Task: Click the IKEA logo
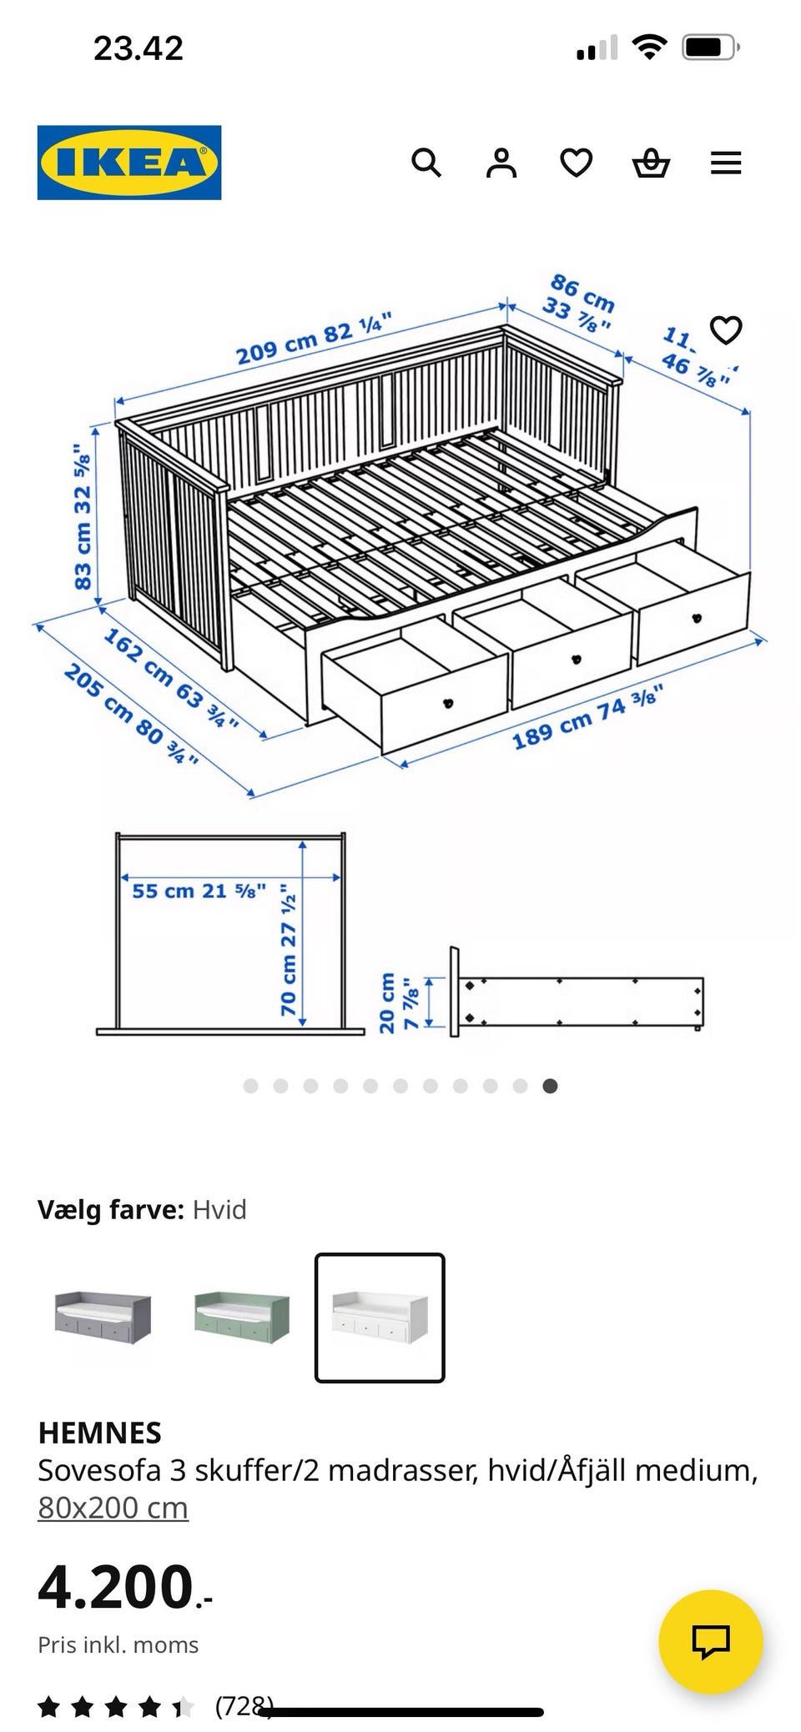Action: [129, 163]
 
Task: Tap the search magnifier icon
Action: [426, 163]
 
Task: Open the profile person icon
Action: [501, 163]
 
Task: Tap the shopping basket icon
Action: [651, 163]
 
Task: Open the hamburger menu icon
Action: [726, 163]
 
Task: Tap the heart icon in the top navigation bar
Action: [577, 163]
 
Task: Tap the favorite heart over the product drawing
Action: [725, 330]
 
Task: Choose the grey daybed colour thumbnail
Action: [103, 1317]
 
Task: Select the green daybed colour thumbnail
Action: [241, 1317]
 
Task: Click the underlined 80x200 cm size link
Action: [113, 1508]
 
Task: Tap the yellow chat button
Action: [711, 1641]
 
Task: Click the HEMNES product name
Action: [99, 1433]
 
